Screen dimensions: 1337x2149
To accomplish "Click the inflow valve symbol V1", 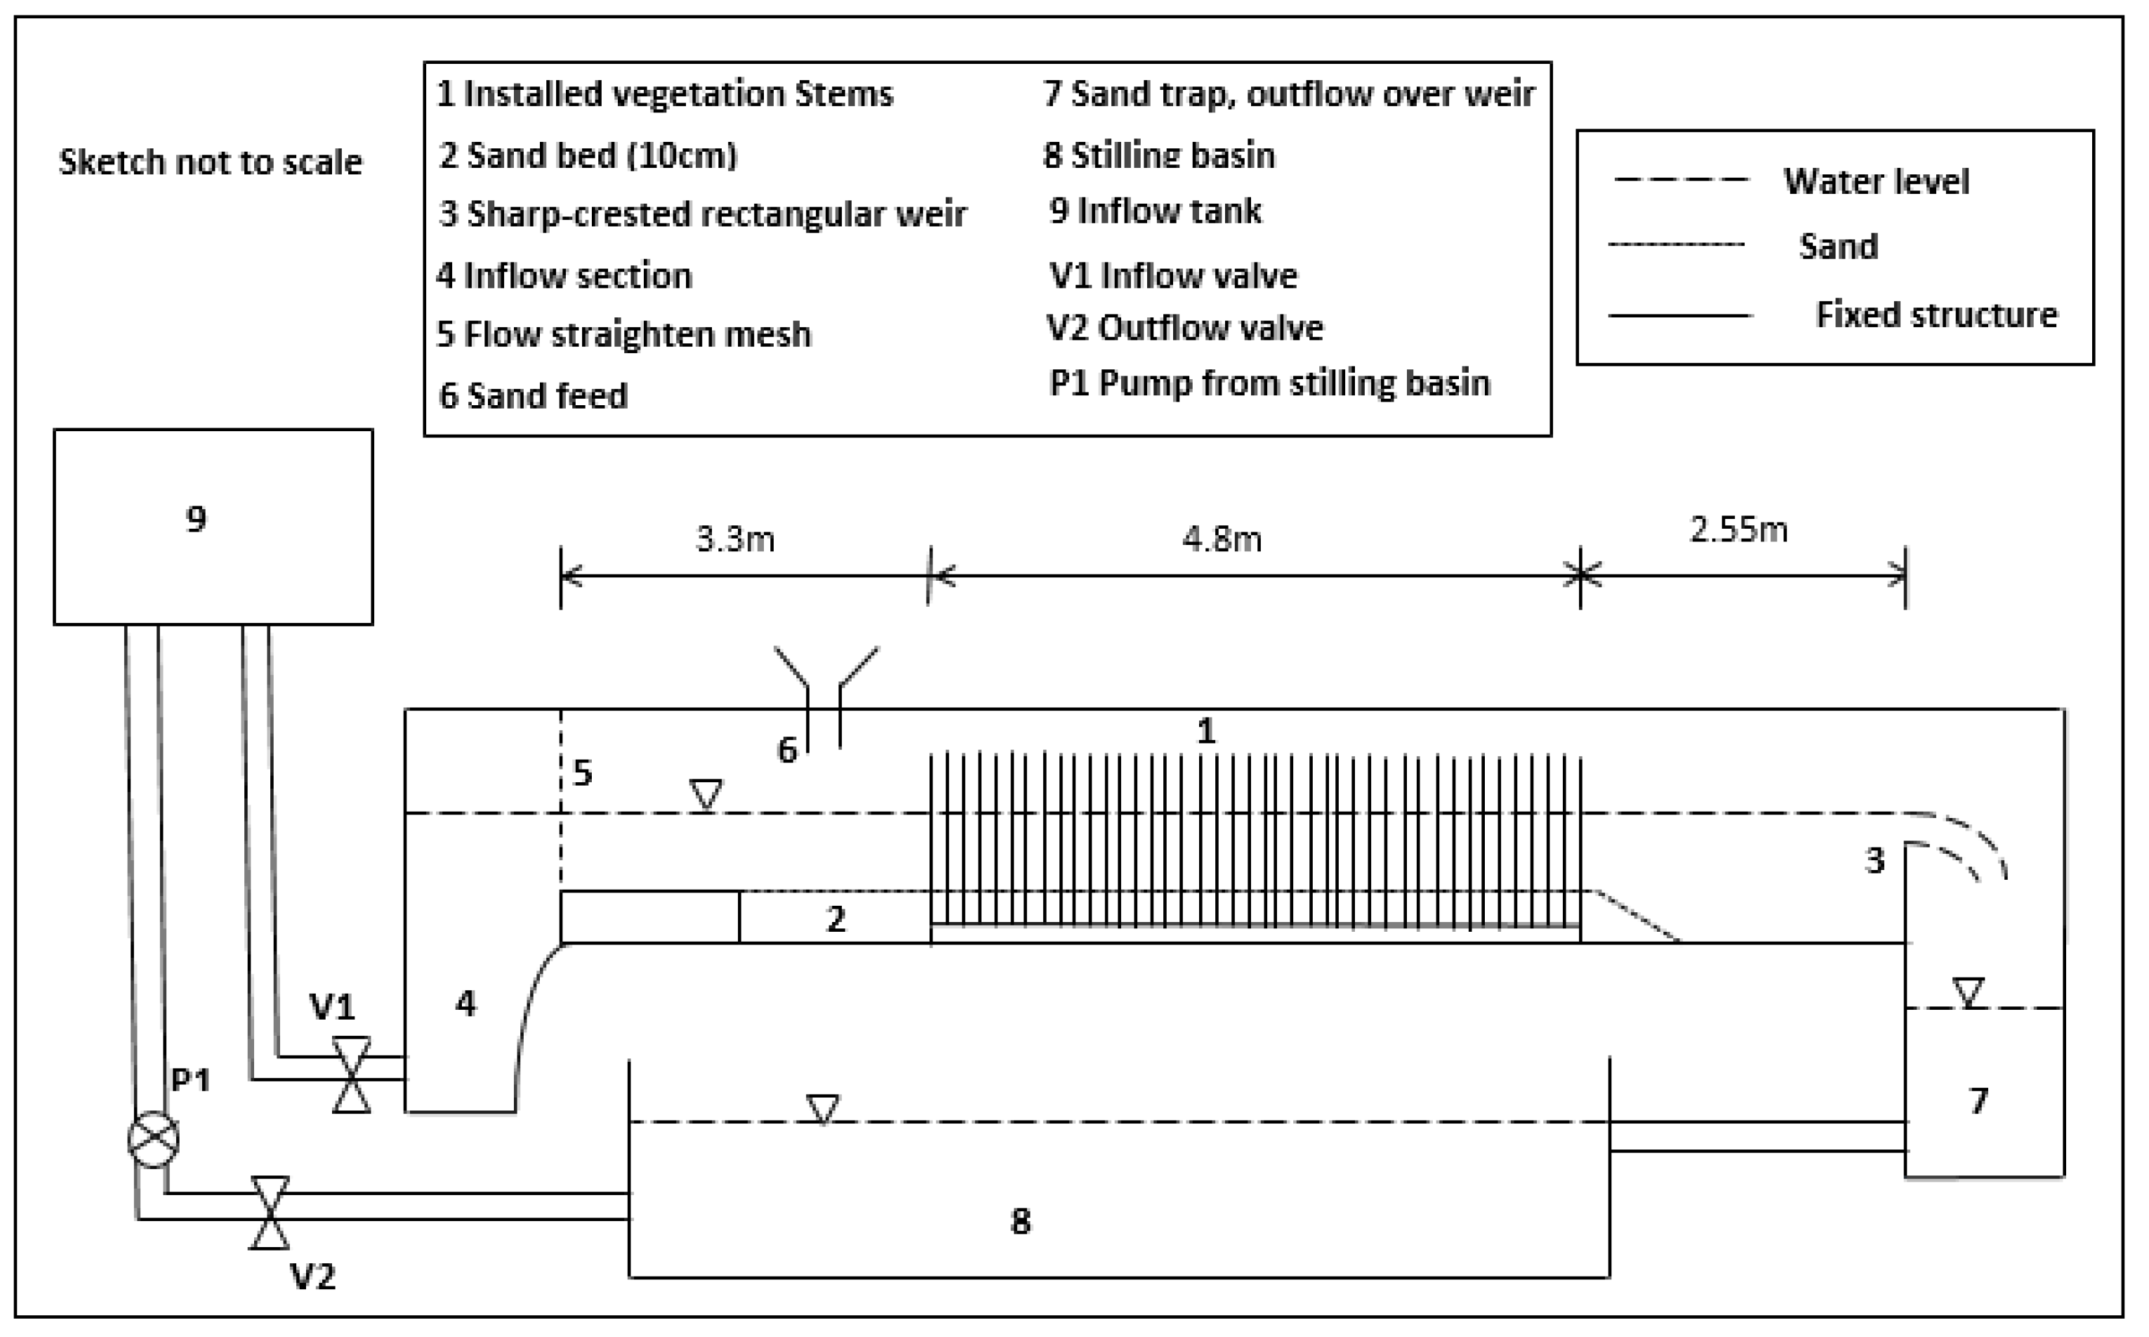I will click(x=351, y=1074).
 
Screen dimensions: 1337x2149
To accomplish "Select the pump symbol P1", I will click(x=153, y=1140).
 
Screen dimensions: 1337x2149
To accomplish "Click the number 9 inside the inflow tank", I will click(x=197, y=518).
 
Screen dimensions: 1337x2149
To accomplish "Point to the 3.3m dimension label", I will click(x=736, y=539).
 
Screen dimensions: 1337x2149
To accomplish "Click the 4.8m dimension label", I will click(x=1222, y=539).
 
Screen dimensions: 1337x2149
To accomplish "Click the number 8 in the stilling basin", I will click(x=1020, y=1221).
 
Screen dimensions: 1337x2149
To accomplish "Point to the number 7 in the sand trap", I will click(x=1978, y=1100).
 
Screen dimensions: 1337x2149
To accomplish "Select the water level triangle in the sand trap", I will click(x=1968, y=992).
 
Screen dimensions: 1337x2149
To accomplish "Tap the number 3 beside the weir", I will click(x=1874, y=860).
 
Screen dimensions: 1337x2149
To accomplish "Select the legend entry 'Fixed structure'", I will click(x=1936, y=315).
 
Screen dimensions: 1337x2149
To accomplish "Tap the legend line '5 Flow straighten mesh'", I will click(x=624, y=335).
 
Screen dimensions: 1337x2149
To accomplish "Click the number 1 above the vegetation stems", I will click(x=1205, y=731).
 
